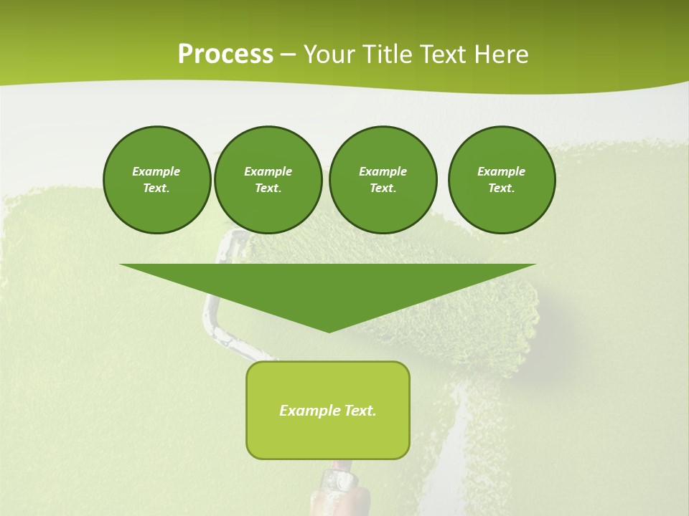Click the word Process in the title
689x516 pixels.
(225, 54)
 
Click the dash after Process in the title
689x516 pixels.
(289, 54)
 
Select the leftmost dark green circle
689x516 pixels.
(156, 180)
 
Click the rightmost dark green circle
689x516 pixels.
(502, 180)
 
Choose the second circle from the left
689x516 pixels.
(268, 180)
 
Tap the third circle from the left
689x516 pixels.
(383, 180)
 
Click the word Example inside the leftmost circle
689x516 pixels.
(156, 171)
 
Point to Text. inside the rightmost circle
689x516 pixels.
(502, 188)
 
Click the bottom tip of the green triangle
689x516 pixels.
(329, 331)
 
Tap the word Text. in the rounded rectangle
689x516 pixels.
(360, 411)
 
